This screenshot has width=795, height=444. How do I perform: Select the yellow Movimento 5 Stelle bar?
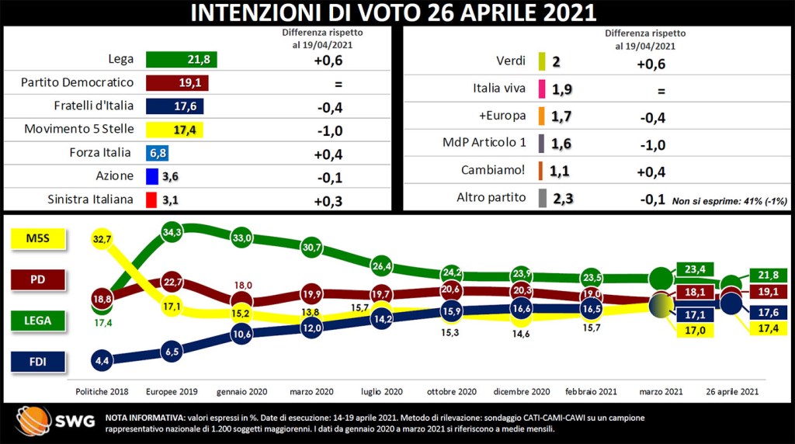[174, 130]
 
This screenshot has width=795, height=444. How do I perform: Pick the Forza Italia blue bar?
[154, 153]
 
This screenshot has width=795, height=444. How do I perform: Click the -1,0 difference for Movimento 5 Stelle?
[328, 130]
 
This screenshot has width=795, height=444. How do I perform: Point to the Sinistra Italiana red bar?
[151, 199]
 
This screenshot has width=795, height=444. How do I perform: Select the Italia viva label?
[499, 88]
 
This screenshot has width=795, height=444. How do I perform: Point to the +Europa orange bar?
[542, 116]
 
